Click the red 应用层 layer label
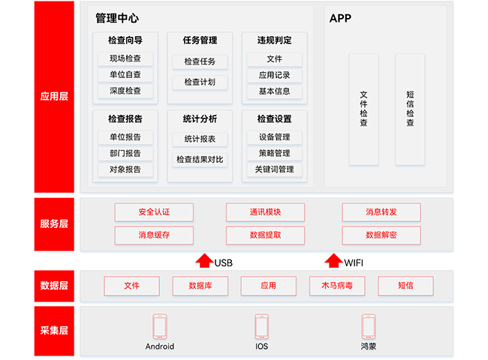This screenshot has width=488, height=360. (x=54, y=97)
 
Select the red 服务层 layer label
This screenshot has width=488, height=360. (x=54, y=223)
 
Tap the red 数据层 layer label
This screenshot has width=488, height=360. (x=54, y=285)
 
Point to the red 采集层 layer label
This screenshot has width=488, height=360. (x=54, y=330)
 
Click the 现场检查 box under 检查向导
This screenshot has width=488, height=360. (x=125, y=58)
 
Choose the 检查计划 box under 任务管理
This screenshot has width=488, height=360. (x=200, y=82)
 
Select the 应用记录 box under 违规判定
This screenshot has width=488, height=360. (x=274, y=75)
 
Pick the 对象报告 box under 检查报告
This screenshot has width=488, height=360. (x=125, y=169)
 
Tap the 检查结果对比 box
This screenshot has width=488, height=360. (x=200, y=159)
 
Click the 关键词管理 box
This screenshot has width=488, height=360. (x=274, y=169)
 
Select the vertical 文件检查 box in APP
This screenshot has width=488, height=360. (x=364, y=109)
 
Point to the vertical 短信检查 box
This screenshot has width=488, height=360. (x=410, y=109)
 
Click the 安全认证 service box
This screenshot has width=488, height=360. (x=154, y=212)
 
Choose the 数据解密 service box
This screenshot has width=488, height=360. (x=381, y=235)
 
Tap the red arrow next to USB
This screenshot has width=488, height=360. (x=203, y=260)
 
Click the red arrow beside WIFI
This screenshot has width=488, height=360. (x=333, y=260)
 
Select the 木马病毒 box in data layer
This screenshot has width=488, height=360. (x=336, y=286)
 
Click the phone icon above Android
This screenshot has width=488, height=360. (x=159, y=326)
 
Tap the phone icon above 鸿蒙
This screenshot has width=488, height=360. (x=368, y=326)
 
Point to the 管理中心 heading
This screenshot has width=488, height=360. (x=117, y=18)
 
